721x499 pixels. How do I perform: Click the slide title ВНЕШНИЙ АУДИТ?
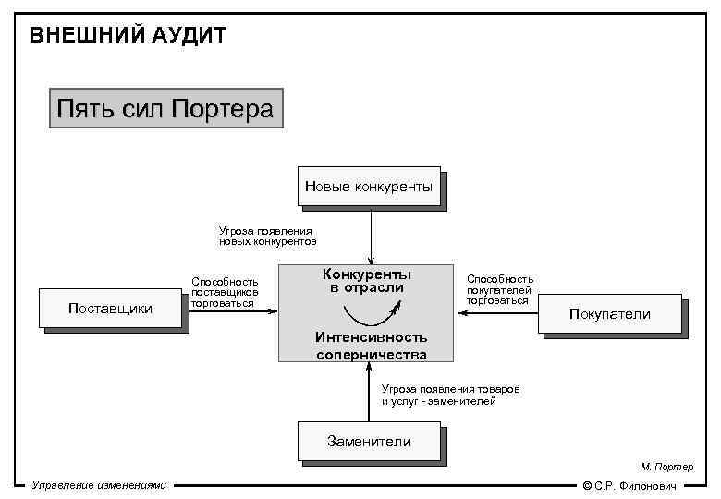click(x=128, y=36)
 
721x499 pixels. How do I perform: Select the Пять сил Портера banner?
click(x=165, y=109)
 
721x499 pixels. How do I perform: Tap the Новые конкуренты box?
click(x=369, y=188)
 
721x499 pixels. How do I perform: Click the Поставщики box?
click(x=111, y=309)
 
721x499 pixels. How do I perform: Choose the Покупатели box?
click(x=609, y=314)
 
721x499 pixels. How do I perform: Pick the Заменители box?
click(x=369, y=442)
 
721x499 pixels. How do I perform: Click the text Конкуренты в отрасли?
click(x=367, y=281)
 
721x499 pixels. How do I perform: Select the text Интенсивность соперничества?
click(x=371, y=345)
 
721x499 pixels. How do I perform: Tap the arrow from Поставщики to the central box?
click(x=231, y=311)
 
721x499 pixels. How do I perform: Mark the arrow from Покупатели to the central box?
click(x=499, y=312)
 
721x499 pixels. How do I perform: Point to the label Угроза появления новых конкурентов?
click(x=267, y=236)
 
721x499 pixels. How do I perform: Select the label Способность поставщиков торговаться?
click(x=225, y=291)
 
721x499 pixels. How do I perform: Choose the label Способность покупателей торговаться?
click(x=499, y=288)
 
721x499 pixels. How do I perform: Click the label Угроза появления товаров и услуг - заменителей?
click(x=450, y=396)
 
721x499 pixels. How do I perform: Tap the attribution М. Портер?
click(x=666, y=468)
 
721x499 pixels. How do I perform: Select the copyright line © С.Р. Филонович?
click(x=629, y=486)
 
